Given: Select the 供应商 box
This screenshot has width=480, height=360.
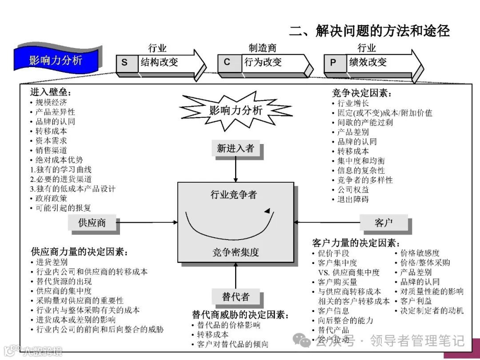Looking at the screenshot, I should (92, 223).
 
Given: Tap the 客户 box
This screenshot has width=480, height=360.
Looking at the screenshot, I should (384, 223).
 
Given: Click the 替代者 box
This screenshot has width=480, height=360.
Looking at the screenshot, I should (236, 297).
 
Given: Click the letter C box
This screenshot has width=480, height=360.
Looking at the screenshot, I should (227, 62).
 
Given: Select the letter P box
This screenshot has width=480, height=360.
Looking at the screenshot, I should (333, 63).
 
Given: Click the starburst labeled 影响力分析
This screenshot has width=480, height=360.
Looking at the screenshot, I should (235, 111).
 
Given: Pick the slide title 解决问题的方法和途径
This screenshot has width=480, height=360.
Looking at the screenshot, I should (369, 31).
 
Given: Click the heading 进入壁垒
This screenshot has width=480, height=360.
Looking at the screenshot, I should (51, 92).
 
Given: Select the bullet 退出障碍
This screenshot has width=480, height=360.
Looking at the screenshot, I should (353, 199).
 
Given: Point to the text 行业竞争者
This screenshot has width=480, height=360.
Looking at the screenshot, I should (234, 195).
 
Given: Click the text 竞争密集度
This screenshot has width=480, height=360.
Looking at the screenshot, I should (236, 252).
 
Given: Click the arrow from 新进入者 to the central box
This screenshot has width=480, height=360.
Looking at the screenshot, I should (236, 169).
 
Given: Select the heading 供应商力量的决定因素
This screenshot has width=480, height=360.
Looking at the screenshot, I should (80, 252).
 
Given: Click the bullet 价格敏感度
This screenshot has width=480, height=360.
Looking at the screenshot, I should (420, 253).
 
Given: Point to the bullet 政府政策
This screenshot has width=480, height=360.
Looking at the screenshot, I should (52, 198).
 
